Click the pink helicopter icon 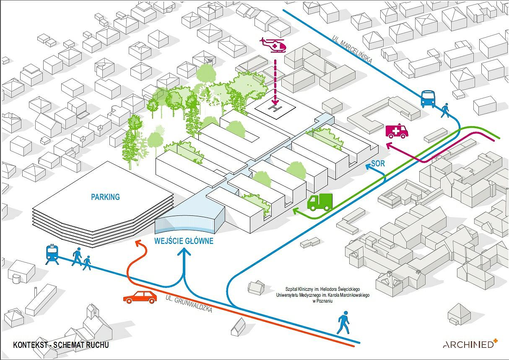tap(273, 46)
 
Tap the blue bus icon tap(428, 99)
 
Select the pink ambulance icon tap(397, 131)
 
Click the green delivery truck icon tap(320, 202)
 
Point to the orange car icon tap(140, 297)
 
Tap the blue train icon tap(52, 254)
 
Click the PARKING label tap(105, 197)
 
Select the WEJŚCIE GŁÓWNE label tap(184, 241)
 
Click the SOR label tap(378, 163)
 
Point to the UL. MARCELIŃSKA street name tap(352, 49)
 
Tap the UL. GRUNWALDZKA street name tap(189, 303)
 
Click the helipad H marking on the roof tap(275, 109)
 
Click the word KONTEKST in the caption tap(30, 345)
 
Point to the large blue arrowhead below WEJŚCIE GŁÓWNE tap(184, 251)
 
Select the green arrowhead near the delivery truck tap(296, 211)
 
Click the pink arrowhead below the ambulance tap(390, 145)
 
